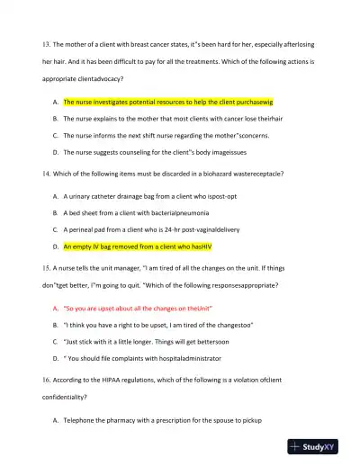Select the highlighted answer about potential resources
tap(167, 103)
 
